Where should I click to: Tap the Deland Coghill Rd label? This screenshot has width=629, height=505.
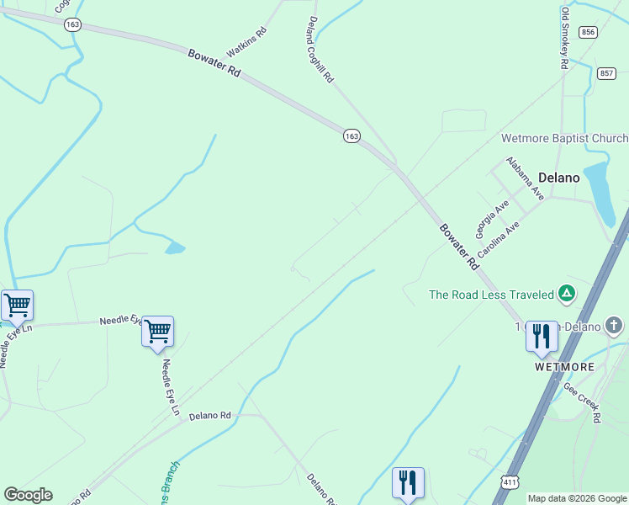click(321, 50)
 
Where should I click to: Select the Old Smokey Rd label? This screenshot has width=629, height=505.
click(565, 38)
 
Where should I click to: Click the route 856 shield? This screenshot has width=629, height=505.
click(588, 32)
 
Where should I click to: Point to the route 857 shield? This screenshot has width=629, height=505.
click(606, 74)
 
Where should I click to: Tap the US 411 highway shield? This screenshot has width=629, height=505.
click(510, 481)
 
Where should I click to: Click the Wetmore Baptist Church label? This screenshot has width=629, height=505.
click(564, 139)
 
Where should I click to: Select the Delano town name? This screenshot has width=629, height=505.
click(559, 178)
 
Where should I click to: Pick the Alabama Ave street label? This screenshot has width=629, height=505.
click(526, 178)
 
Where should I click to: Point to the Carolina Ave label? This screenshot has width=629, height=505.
click(498, 240)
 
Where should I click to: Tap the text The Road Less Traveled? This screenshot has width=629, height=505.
click(491, 295)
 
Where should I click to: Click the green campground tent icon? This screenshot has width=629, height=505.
click(568, 294)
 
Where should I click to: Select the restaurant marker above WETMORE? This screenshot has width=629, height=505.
click(541, 337)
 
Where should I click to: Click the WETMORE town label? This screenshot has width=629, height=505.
click(564, 368)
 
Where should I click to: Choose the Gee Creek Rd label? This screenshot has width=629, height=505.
click(583, 402)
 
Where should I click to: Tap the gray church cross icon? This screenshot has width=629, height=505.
click(615, 325)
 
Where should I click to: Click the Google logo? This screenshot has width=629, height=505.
click(28, 495)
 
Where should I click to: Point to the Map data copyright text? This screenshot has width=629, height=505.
click(577, 498)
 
